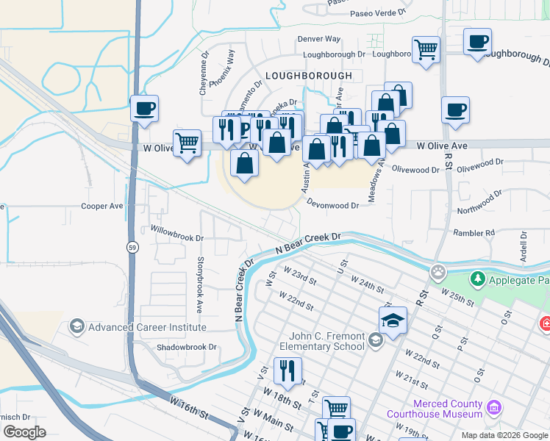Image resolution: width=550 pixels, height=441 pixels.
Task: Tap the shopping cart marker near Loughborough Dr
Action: coord(426,50)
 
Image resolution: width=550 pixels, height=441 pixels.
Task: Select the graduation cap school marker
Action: coord(393,320)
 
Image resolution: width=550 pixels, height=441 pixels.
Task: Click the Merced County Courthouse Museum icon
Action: coord(494,406)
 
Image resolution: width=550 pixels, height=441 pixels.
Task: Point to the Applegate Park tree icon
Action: coord(478,279)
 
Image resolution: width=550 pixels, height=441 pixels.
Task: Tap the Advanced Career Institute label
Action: coord(147,327)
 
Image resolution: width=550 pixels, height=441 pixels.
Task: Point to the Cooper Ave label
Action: coord(102,207)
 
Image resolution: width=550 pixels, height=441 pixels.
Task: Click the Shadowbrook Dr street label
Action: coord(187,347)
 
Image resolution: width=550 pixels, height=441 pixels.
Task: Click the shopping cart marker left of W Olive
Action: coord(187,143)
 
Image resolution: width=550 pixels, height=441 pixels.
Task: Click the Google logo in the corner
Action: coord(24,432)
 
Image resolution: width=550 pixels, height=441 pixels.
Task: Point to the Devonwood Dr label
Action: coord(332,206)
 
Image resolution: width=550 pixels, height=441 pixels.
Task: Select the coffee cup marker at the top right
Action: coord(478,41)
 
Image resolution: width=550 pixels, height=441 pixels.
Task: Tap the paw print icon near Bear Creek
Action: coord(439,273)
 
